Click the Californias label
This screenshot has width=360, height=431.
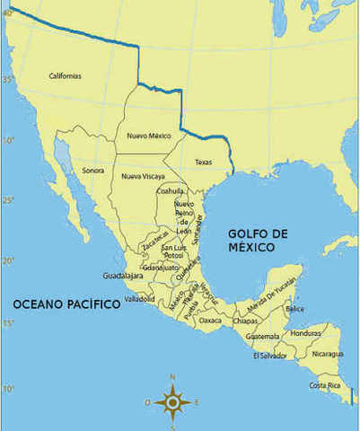[65, 76]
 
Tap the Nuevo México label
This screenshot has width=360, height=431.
[148, 136]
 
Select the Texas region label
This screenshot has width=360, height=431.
[203, 163]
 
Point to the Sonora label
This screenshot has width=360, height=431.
[93, 170]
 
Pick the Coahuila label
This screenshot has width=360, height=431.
[170, 190]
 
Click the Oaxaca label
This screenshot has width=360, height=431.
[210, 320]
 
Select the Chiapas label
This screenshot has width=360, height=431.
[245, 321]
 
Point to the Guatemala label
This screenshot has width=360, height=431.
[263, 337]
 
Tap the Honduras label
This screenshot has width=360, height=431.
[306, 334]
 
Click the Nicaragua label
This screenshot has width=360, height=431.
[328, 354]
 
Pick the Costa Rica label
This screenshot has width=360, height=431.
[325, 385]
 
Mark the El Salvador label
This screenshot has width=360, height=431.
[268, 356]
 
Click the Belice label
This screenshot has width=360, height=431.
[294, 309]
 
